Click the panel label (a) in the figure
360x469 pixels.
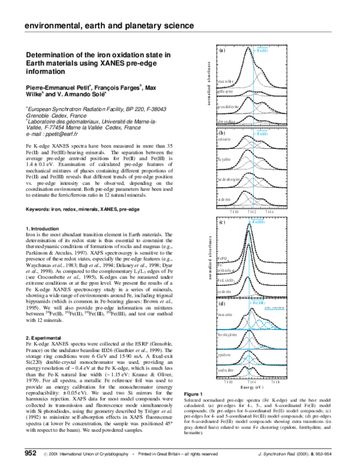(x=222, y=52)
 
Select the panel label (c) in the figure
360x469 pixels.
(x=222, y=223)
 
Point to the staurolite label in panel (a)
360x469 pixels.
(x=226, y=80)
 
